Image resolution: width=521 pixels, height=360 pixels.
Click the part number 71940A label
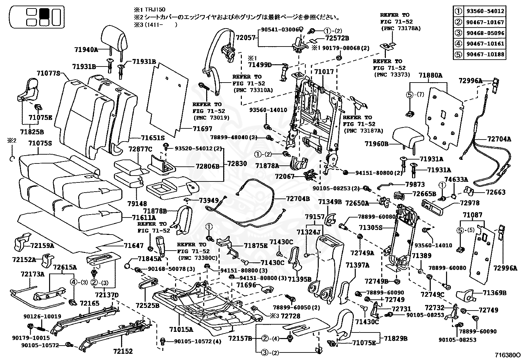86,49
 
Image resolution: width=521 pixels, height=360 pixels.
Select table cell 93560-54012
485,11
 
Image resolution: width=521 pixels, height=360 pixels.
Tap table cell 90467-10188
485,54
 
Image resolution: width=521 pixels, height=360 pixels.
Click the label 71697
203,128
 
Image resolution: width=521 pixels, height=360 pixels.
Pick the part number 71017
324,72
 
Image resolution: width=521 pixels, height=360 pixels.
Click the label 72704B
298,199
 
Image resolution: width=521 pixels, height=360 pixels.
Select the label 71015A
181,329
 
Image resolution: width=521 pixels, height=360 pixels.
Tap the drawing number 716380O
507,355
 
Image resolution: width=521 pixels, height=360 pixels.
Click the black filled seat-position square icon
44,13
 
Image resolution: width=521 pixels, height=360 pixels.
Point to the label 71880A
431,75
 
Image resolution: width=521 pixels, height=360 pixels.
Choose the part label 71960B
377,144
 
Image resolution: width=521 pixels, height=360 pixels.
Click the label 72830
237,163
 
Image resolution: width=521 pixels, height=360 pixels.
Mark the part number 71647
134,245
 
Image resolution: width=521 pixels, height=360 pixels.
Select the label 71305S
370,227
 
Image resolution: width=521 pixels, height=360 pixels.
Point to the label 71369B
494,293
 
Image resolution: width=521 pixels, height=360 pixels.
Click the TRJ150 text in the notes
155,9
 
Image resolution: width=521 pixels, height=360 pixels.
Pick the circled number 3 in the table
458,33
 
